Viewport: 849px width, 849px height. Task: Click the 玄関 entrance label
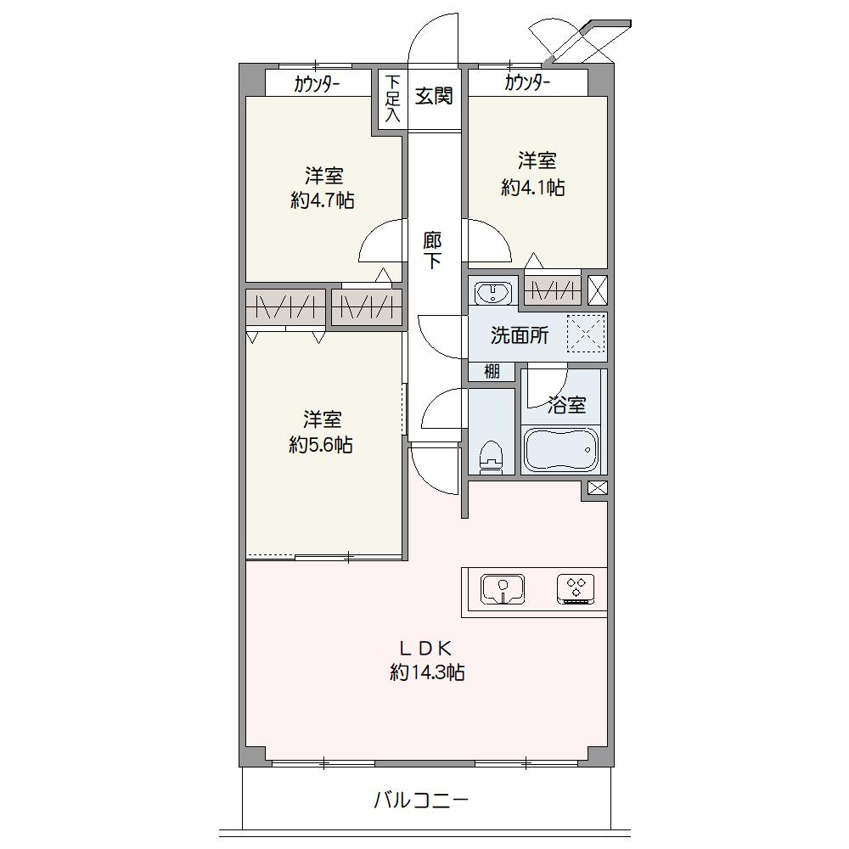(434, 97)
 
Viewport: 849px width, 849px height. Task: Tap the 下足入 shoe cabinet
(392, 99)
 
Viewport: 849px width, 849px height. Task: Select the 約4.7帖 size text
(323, 201)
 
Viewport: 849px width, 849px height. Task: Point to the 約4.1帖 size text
(533, 188)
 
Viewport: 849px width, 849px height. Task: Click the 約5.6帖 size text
(321, 445)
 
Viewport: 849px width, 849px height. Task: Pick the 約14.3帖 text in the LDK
(427, 672)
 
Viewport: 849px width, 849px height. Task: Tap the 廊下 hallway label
(432, 250)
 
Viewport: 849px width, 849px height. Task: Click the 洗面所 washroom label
(520, 335)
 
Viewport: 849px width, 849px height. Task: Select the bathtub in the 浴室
(561, 449)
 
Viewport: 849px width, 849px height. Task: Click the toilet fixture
(491, 458)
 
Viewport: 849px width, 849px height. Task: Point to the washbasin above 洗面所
(492, 293)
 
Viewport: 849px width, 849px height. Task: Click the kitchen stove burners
(576, 589)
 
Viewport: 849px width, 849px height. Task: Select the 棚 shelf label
(492, 372)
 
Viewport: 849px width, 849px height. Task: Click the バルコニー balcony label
(421, 800)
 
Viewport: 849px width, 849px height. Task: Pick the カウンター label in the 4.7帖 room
(317, 84)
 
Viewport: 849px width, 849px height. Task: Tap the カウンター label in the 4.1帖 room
(527, 83)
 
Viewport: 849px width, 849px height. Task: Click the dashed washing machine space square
(585, 334)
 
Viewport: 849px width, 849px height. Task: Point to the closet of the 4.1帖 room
(553, 290)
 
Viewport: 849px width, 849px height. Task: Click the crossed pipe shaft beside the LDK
(597, 488)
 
